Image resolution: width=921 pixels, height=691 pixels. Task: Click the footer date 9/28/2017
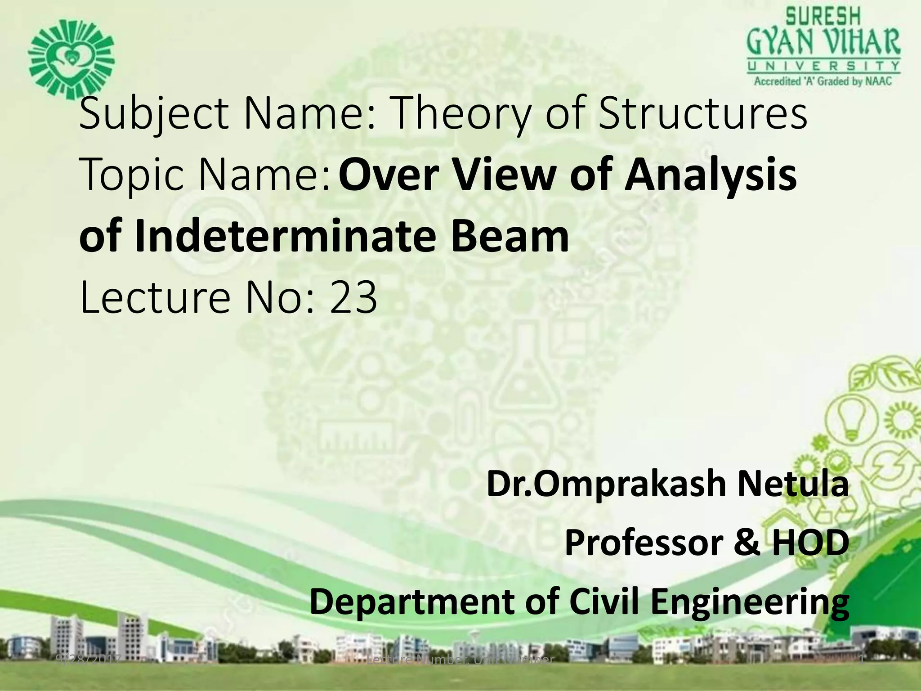pyautogui.click(x=88, y=660)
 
